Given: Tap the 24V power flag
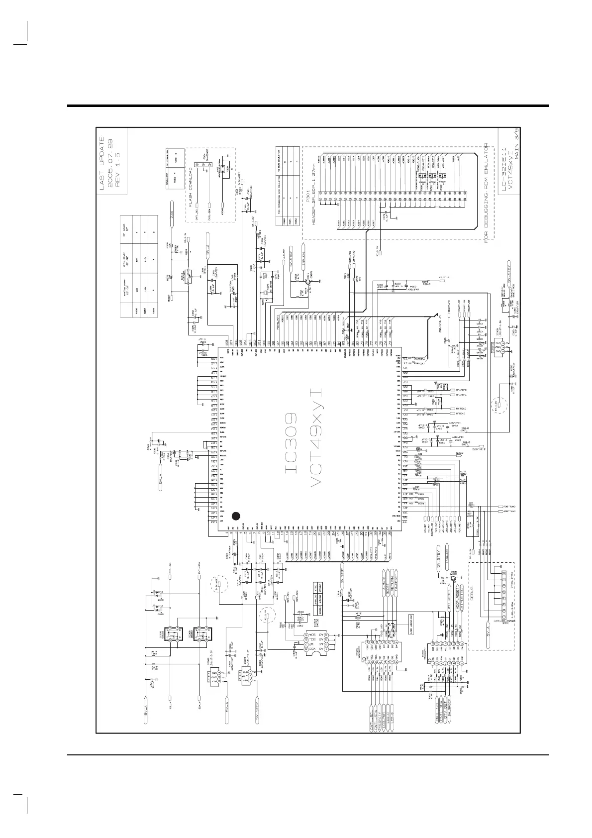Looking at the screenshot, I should pos(173,214).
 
